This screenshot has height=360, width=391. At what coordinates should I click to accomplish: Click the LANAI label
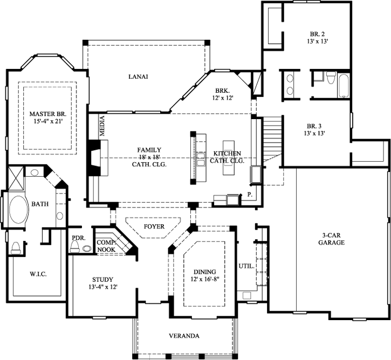pyautogui.click(x=138, y=77)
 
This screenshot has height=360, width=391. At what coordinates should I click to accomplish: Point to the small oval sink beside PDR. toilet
pyautogui.click(x=87, y=248)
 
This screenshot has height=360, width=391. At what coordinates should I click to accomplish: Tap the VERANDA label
pyautogui.click(x=184, y=336)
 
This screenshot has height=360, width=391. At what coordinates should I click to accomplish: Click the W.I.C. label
pyautogui.click(x=38, y=274)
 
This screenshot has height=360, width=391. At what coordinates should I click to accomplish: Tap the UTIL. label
pyautogui.click(x=246, y=266)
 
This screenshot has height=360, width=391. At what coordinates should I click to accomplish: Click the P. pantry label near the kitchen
pyautogui.click(x=250, y=193)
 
